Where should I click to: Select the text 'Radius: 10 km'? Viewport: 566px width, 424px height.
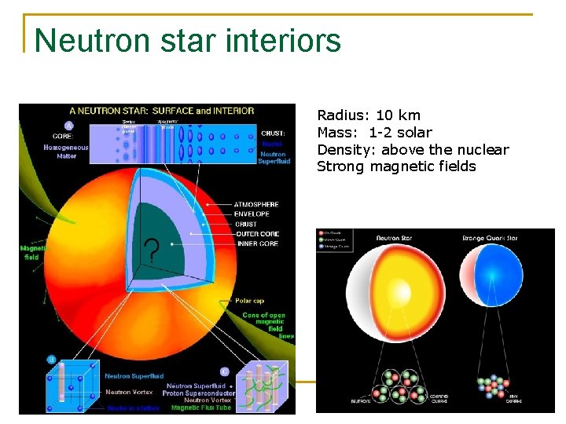[368, 115]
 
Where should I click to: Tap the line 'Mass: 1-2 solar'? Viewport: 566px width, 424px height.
[374, 133]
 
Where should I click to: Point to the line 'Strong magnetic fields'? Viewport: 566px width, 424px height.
[396, 166]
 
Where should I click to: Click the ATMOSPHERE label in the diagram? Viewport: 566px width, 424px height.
[255, 204]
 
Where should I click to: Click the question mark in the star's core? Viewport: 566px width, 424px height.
[151, 251]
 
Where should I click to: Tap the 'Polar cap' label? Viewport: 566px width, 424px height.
[251, 301]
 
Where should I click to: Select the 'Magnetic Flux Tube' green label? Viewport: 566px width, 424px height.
[201, 408]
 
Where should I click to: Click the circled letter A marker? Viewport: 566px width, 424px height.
[69, 125]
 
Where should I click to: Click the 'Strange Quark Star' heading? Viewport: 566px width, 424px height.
[496, 237]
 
